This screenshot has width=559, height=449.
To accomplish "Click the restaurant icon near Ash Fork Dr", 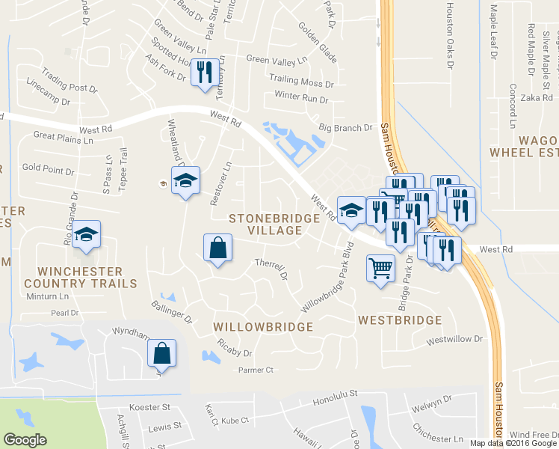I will (204, 73).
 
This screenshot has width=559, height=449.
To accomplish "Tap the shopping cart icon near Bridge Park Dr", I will (380, 268).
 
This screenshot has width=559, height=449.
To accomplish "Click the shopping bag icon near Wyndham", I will (161, 354).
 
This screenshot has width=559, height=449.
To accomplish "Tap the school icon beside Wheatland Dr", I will (185, 181).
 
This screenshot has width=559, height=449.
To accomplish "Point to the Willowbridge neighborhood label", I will (263, 327).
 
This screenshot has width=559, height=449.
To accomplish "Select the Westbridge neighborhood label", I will (399, 320).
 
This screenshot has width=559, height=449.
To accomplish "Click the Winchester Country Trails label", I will (81, 277).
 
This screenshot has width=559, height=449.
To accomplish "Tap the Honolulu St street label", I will (336, 392).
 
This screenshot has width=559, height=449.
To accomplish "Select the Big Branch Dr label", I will (345, 128).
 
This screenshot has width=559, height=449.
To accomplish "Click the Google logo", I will (25, 439).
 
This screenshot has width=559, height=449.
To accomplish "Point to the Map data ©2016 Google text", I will (512, 443).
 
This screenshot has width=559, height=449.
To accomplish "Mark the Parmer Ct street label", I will (256, 370).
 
